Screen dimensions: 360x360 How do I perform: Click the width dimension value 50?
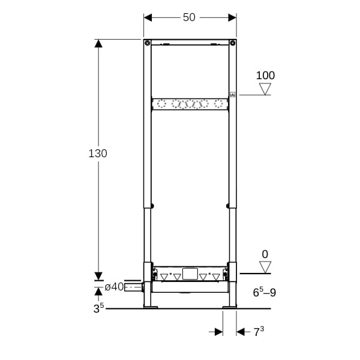pos(189,17)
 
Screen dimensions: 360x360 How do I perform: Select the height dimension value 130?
pos(98,154)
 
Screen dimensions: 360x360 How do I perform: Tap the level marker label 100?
pos(265,76)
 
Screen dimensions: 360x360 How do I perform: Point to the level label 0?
pos(265,254)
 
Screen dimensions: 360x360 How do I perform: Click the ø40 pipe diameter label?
pos(115,287)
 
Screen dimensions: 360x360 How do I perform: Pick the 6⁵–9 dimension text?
pos(265,292)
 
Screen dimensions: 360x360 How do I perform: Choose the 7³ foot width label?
pos(259,332)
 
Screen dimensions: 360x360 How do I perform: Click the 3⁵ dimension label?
pos(98,308)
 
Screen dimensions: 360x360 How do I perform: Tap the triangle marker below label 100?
pos(265,89)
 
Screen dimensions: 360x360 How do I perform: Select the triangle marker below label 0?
pos(265,267)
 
